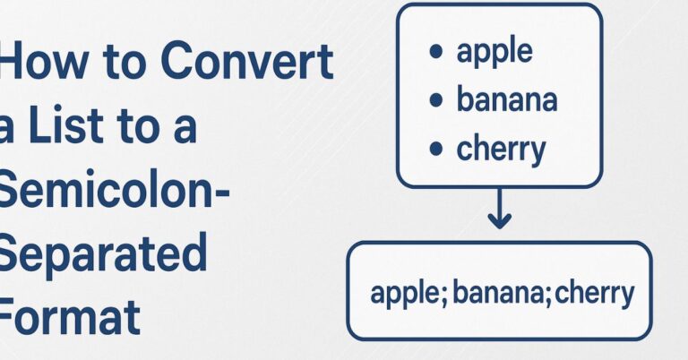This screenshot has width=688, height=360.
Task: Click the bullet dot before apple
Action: point(436,53)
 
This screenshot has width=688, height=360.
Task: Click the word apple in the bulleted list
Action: point(494,53)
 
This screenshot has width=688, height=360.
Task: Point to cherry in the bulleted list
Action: point(501,150)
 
